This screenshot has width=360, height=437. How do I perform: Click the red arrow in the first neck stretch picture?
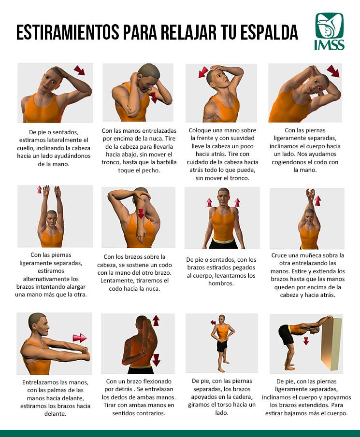(79, 70)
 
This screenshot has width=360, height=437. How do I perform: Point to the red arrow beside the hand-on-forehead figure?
(203, 72)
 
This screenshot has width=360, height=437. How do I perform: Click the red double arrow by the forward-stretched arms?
(80, 338)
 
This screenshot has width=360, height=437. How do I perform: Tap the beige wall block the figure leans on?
(331, 344)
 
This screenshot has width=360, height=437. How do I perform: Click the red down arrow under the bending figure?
(306, 341)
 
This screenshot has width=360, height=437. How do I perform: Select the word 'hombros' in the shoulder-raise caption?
(221, 283)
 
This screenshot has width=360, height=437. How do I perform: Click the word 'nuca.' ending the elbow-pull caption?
(152, 289)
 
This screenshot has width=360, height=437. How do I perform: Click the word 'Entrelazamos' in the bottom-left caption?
(41, 382)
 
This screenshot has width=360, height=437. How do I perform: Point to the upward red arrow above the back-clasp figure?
(156, 321)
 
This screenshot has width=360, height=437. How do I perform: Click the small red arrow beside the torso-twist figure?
(213, 323)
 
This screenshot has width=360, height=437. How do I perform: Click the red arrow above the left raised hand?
(39, 189)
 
